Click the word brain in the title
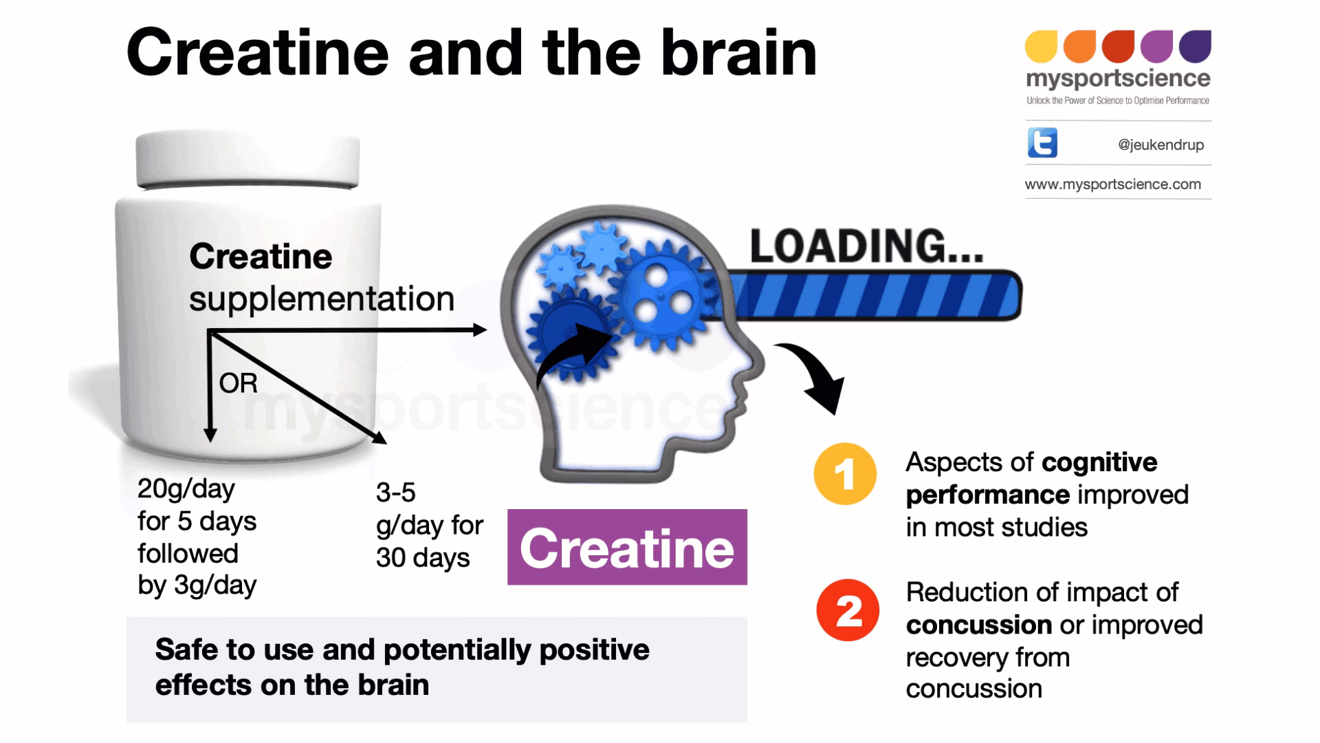(x=739, y=54)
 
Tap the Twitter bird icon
(x=1042, y=143)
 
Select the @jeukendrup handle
(x=1160, y=145)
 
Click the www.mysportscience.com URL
(x=1112, y=184)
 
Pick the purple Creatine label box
(x=626, y=548)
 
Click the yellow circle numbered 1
(x=845, y=474)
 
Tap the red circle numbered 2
(x=848, y=610)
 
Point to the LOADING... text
(x=866, y=246)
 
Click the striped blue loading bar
(x=873, y=297)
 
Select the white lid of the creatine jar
(x=247, y=160)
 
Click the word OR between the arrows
(x=238, y=383)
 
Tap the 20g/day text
(x=186, y=489)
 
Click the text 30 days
(x=422, y=558)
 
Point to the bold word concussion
(x=978, y=625)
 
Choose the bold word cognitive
(x=1099, y=462)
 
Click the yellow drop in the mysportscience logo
(x=1041, y=46)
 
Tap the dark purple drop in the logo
(x=1195, y=46)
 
